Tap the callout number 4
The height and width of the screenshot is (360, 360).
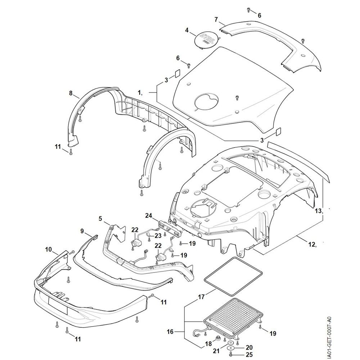click(x=187, y=30)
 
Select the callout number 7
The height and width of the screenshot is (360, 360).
click(x=216, y=19)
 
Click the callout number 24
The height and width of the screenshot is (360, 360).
click(x=148, y=216)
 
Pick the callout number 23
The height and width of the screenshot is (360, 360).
click(x=158, y=236)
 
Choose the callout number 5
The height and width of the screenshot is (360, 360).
click(x=100, y=219)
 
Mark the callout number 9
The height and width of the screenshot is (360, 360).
click(x=82, y=231)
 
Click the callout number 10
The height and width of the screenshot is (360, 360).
click(x=49, y=249)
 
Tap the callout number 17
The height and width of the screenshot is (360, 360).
click(x=201, y=297)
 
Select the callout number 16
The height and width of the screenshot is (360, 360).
click(x=170, y=332)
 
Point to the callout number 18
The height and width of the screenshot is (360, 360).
click(x=208, y=344)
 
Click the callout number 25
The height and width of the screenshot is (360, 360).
click(x=249, y=355)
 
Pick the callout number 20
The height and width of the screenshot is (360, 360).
click(x=249, y=348)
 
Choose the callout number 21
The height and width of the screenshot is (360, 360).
click(x=216, y=351)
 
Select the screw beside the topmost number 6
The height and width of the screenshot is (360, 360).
click(x=248, y=9)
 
